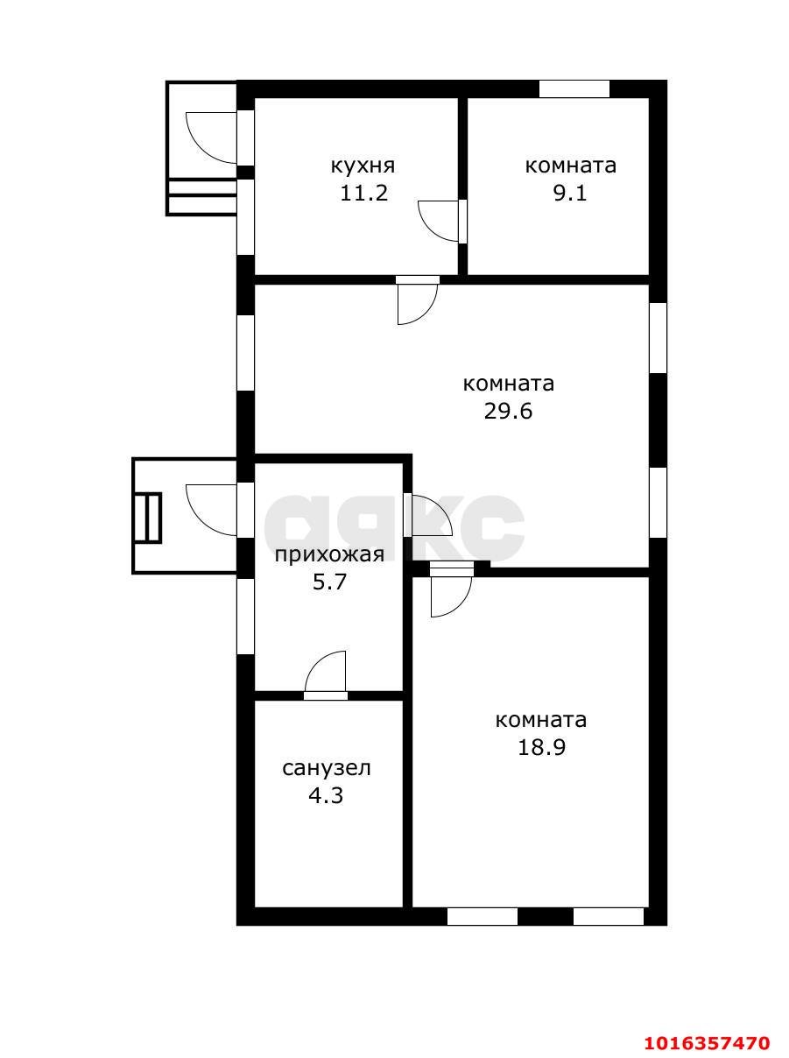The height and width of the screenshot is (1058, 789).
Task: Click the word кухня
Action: (363, 166)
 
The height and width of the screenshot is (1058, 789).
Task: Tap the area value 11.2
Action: (364, 194)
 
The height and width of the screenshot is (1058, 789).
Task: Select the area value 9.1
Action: (570, 194)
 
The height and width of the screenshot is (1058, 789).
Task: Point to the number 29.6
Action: (508, 413)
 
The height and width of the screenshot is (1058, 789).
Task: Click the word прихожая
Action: (329, 555)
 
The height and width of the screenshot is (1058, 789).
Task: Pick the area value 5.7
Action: (329, 582)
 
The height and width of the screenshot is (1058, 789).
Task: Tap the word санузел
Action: (327, 768)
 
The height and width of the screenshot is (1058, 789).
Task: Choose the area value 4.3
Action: (326, 796)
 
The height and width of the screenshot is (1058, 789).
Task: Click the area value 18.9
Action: (541, 748)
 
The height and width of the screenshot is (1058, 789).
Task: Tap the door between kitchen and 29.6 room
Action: (418, 300)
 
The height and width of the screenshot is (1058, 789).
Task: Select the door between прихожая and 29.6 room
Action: (428, 515)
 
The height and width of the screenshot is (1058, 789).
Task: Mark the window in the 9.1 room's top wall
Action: (574, 89)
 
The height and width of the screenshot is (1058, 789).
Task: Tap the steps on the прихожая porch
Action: (149, 518)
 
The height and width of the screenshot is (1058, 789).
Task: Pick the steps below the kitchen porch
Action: (201, 197)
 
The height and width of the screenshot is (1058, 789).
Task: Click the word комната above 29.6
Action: (509, 384)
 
